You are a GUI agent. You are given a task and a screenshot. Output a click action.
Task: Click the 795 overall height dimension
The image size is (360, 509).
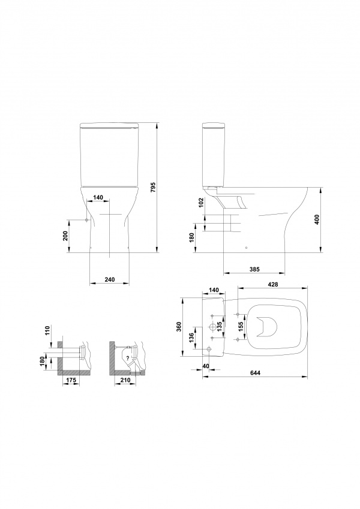pos(154,188)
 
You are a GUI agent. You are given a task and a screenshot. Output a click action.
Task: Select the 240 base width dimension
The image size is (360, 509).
pos(109,279)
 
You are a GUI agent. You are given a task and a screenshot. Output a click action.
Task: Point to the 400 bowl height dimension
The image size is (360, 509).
pos(317,220)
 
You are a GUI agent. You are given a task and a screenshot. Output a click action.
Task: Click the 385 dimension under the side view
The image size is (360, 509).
pos(255,269)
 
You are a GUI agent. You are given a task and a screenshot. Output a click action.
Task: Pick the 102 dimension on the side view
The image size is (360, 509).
pos(200,203)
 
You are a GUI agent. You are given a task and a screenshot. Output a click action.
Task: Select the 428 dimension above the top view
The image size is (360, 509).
pos(273,284)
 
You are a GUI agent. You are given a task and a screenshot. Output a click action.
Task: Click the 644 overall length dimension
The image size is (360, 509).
pos(256,373)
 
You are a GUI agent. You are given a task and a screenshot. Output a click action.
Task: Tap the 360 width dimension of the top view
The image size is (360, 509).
pos(179,326)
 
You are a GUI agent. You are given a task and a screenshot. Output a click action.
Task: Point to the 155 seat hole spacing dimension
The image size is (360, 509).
pos(241,327)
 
